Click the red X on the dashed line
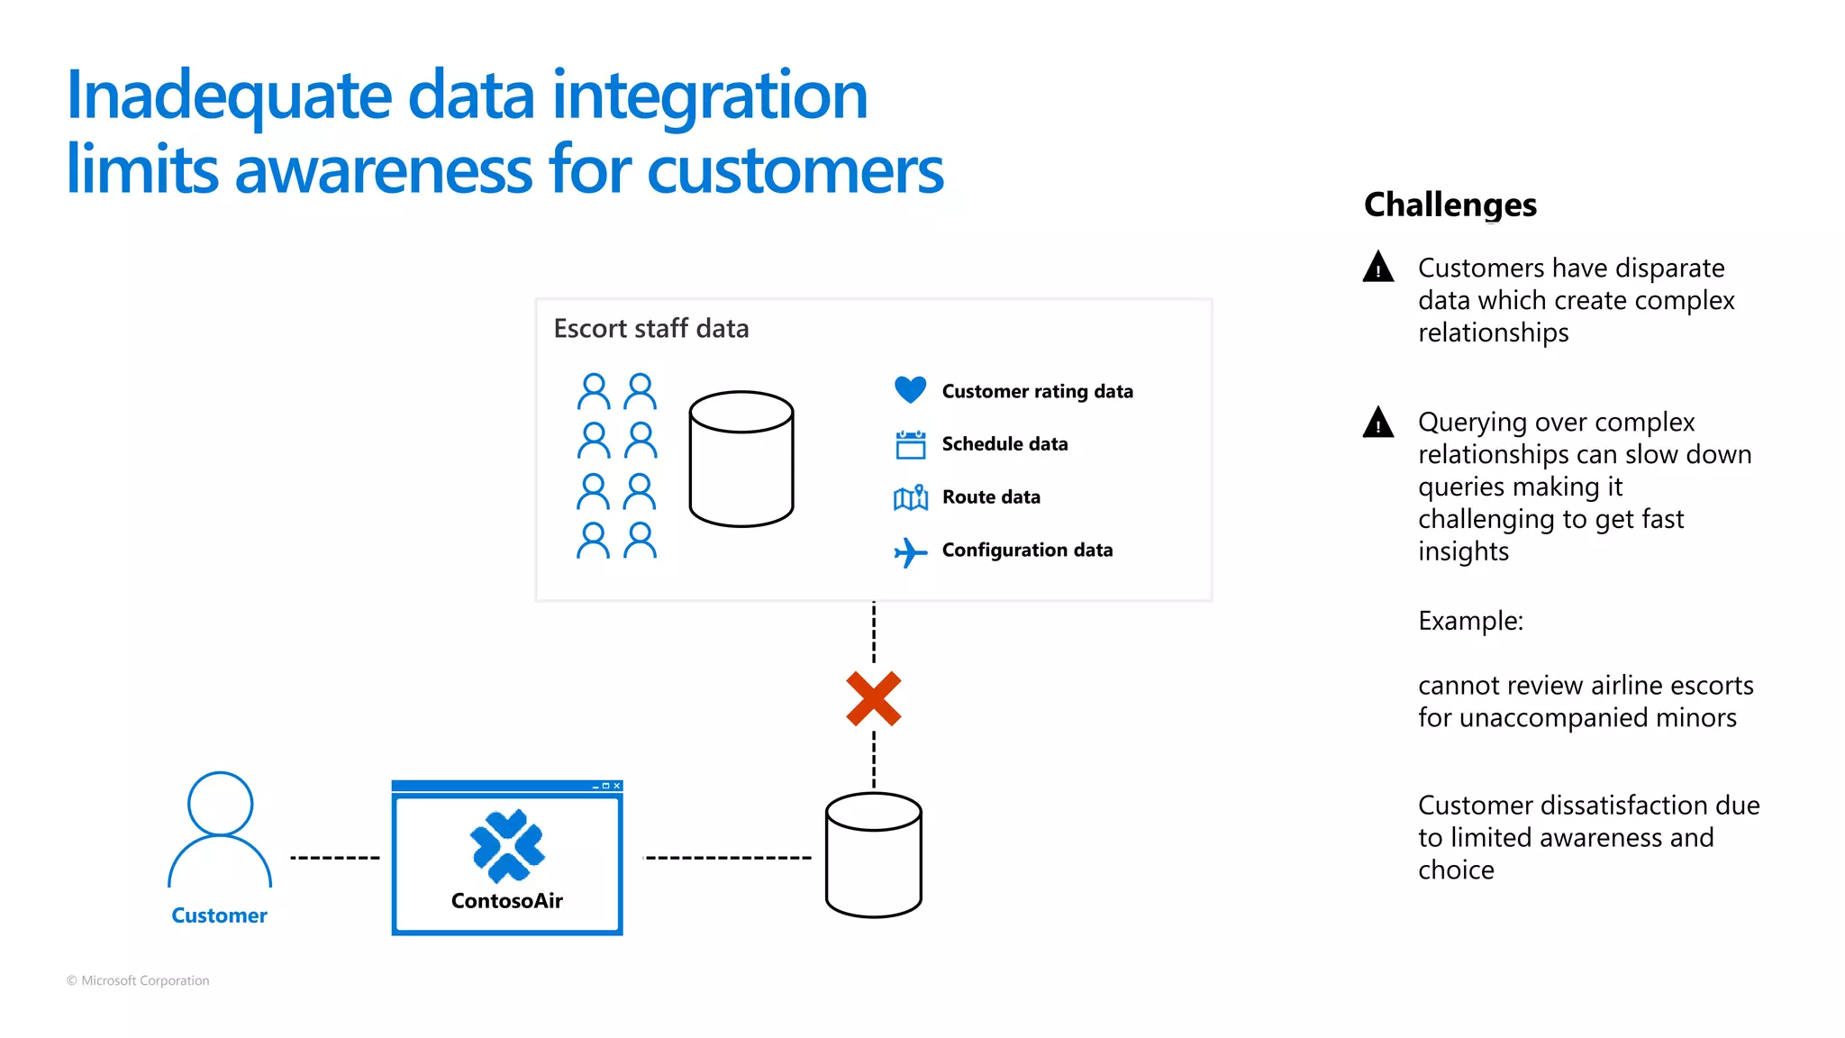pyautogui.click(x=873, y=698)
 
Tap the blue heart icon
pyautogui.click(x=910, y=389)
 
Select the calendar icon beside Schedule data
pyautogui.click(x=910, y=444)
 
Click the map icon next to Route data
pyautogui.click(x=910, y=497)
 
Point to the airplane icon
pyautogui.click(x=910, y=551)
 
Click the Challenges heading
pyautogui.click(x=1450, y=205)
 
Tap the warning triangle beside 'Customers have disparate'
pyautogui.click(x=1377, y=268)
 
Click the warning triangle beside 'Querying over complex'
pyautogui.click(x=1377, y=422)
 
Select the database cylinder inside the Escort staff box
pyautogui.click(x=741, y=459)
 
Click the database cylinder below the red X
pyautogui.click(x=873, y=855)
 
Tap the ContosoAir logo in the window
pyautogui.click(x=507, y=845)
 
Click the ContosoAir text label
pyautogui.click(x=507, y=900)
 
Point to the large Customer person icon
pyautogui.click(x=220, y=829)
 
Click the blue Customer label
pyautogui.click(x=219, y=915)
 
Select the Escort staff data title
pyautogui.click(x=650, y=328)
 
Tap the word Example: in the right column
pyautogui.click(x=1470, y=621)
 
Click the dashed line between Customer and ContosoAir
pyautogui.click(x=334, y=857)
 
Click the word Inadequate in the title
pyautogui.click(x=230, y=96)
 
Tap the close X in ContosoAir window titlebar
pyautogui.click(x=617, y=786)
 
